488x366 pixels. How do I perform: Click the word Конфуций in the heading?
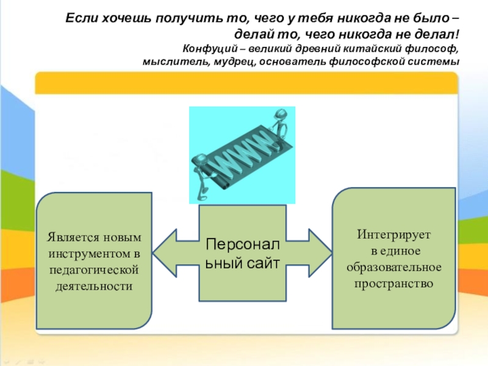204,49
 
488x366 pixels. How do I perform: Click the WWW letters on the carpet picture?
243,152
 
